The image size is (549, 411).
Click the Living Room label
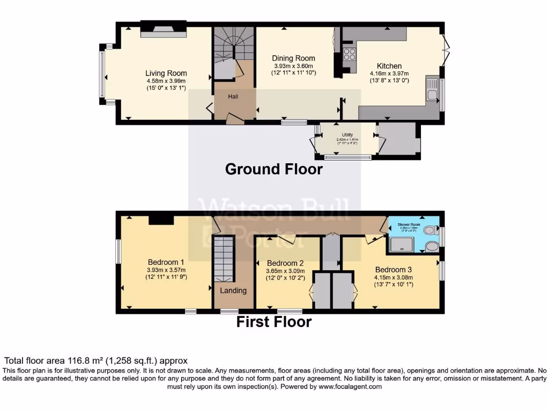166,73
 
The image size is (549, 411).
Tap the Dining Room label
293,58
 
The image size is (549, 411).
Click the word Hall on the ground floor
233,96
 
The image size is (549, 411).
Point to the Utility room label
347,135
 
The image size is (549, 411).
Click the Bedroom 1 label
166,262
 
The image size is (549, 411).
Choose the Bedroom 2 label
285,263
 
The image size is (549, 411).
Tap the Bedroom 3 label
394,269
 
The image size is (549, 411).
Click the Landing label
234,291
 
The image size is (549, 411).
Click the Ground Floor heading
273,169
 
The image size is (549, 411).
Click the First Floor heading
274,322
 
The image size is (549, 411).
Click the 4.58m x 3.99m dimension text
166,81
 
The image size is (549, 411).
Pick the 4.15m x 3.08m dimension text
394,277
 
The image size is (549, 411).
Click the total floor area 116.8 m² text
96,361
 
